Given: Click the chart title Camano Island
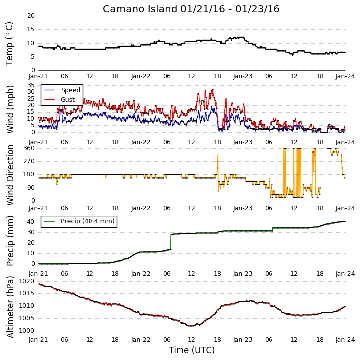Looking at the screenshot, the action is point(140,9).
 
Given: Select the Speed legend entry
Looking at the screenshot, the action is point(62,90).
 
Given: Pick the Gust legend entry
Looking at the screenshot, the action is point(60,100).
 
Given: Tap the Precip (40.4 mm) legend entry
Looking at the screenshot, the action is point(80,221).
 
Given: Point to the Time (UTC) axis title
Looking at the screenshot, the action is point(191,350).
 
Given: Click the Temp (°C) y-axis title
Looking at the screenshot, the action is point(9,44).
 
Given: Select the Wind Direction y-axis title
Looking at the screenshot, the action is point(10,175).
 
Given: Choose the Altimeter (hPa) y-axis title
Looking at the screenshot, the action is point(10,307).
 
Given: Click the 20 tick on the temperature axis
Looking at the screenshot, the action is point(31,16).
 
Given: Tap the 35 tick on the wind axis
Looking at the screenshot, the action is point(31,85).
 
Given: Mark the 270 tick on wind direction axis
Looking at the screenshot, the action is point(29,161).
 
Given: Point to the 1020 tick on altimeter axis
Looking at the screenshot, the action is point(27,281).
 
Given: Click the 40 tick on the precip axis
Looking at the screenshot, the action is point(31,222).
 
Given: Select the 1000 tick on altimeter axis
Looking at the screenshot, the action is point(27,331).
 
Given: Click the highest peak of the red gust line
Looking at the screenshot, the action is point(213,89).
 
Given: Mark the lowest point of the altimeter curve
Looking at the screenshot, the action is point(191,326).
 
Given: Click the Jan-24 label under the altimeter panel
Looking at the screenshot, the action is point(345,340).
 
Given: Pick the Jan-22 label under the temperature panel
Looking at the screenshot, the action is point(141,76).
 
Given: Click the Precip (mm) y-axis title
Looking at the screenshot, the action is point(10,241).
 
